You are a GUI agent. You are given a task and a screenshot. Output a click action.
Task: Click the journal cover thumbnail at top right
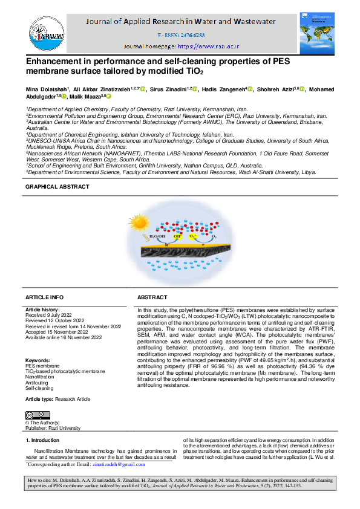(315, 33)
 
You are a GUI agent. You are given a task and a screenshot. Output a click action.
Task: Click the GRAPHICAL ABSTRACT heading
(57, 187)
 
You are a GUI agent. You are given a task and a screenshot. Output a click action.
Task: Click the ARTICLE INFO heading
(44, 297)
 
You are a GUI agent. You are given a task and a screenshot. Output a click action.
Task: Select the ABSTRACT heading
(152, 297)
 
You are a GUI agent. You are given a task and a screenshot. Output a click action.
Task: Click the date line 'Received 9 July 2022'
(51, 314)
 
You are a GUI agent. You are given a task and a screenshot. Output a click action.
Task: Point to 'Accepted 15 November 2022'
(56, 331)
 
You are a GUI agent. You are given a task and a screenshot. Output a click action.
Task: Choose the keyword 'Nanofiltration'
(39, 377)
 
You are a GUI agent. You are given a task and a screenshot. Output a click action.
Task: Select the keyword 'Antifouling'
(36, 382)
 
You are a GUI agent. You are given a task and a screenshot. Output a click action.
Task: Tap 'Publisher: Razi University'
(53, 427)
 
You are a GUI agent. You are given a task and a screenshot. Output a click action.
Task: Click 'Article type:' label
(39, 400)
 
